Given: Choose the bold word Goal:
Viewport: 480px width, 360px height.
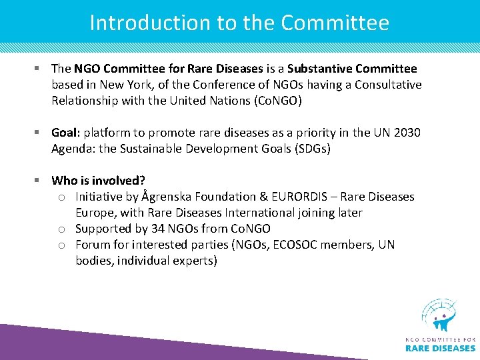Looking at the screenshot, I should point(66,133).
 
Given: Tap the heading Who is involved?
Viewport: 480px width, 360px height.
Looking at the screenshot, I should point(98,181).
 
